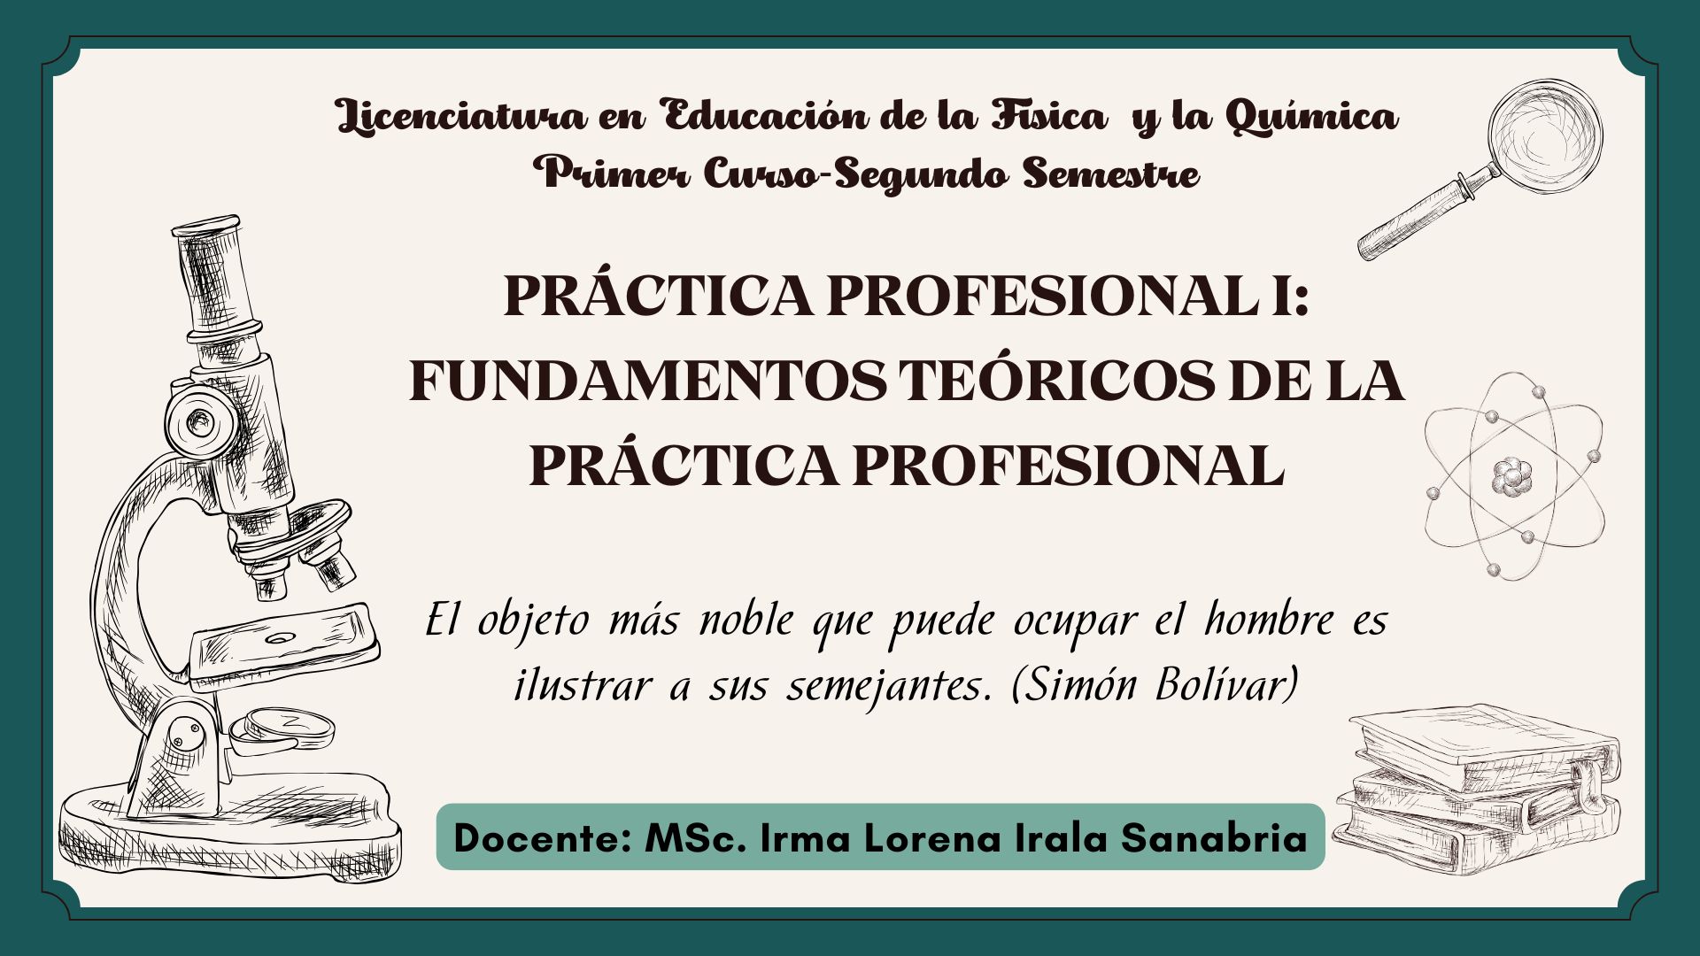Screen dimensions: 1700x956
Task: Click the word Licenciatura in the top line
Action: coord(461,116)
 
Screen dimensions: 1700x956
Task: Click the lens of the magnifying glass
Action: coord(1545,136)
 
